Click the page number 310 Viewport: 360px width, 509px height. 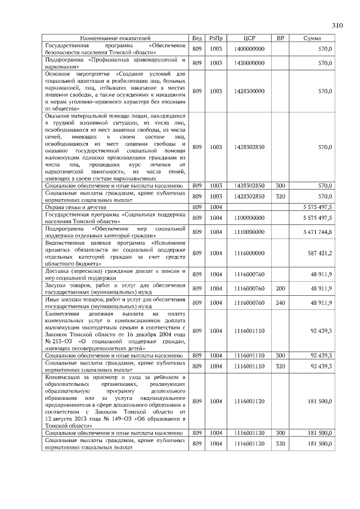click(x=337, y=25)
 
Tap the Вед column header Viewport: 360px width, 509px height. click(x=197, y=38)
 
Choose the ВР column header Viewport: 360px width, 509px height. click(x=281, y=38)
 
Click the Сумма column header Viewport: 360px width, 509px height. click(x=312, y=38)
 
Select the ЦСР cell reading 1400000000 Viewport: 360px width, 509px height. click(x=250, y=49)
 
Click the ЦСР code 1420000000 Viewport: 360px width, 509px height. click(x=250, y=64)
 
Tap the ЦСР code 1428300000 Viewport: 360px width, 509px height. click(x=250, y=91)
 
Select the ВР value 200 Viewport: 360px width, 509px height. click(x=281, y=289)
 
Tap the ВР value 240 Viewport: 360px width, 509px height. click(x=281, y=303)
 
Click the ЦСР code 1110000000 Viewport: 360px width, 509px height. click(x=250, y=232)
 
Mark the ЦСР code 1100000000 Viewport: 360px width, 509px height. click(x=250, y=218)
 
